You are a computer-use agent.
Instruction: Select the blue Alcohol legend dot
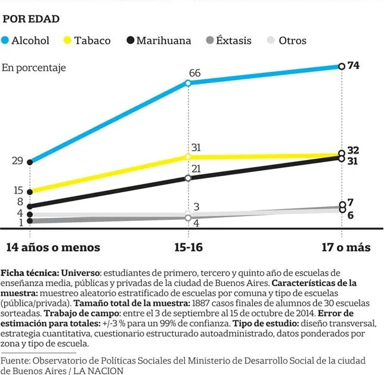[x=6, y=41]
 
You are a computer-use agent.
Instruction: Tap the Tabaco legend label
[x=92, y=41]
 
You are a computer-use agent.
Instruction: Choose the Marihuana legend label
[x=163, y=41]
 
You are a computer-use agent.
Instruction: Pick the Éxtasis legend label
[x=233, y=41]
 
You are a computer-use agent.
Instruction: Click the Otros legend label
[x=292, y=41]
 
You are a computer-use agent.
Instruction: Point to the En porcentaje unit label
[x=34, y=67]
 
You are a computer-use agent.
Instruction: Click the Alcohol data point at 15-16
[x=188, y=83]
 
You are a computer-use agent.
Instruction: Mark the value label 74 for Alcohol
[x=353, y=66]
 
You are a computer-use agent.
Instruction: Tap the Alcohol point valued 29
[x=30, y=162]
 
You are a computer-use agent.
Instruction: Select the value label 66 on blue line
[x=194, y=73]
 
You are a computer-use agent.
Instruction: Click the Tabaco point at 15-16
[x=188, y=156]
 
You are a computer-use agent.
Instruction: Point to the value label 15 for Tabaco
[x=17, y=190]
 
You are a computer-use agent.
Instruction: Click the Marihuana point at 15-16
[x=188, y=178]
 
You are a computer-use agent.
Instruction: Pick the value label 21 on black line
[x=196, y=169]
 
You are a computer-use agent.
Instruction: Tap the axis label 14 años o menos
[x=53, y=247]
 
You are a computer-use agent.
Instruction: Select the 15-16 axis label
[x=189, y=247]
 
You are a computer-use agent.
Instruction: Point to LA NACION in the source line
[x=98, y=371]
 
